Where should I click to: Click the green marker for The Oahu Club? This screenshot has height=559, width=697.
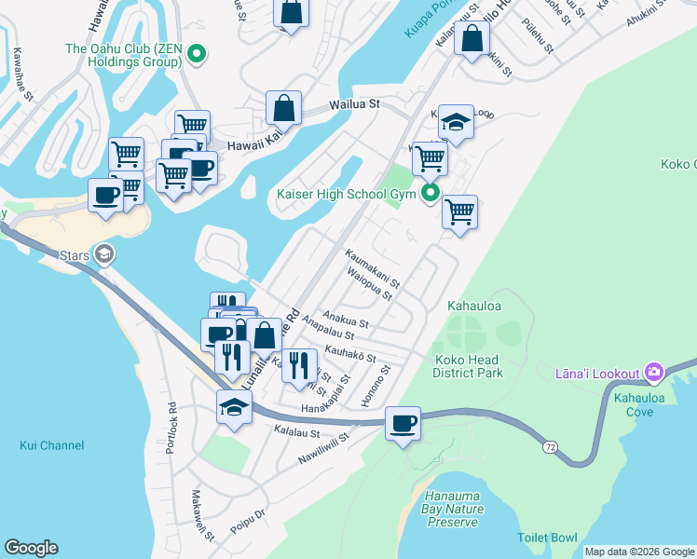pos(196,56)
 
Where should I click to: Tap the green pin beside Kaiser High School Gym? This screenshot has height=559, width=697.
pos(430,194)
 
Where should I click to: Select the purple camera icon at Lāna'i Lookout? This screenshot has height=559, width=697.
pos(653,374)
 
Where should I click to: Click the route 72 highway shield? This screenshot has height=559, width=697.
pos(550,447)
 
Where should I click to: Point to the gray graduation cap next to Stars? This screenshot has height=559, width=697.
pos(104,252)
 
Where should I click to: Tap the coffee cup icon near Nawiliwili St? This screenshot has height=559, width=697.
pos(403,424)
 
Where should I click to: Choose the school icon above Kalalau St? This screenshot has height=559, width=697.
pos(234,406)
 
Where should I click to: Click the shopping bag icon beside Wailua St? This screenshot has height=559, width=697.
pos(283,108)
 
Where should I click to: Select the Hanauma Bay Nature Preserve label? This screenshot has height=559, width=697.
pos(454,509)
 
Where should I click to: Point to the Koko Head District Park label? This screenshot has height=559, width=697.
pos(466,366)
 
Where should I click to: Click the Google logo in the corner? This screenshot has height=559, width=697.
pos(31,548)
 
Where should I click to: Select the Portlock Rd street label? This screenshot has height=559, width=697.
pos(171,429)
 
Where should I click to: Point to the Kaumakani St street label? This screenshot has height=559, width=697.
pos(372,266)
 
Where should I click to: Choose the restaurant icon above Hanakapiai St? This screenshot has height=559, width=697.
pos(298,365)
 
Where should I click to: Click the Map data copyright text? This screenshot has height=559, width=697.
pos(639,552)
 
